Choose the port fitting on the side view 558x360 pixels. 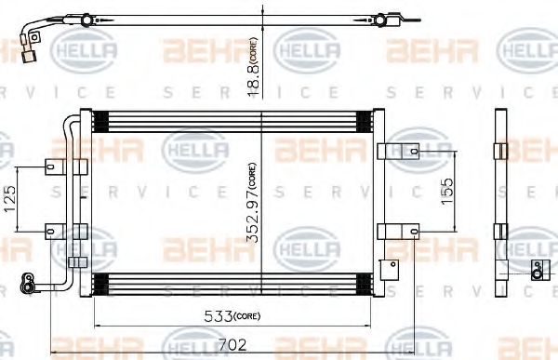click(536, 269)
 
